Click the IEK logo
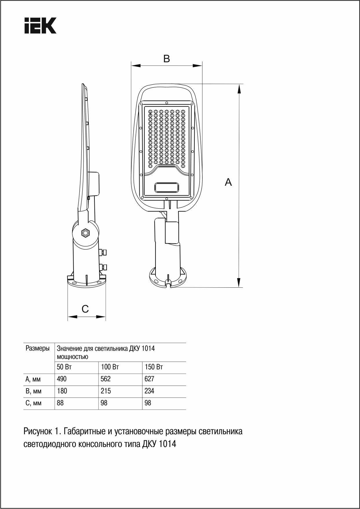point(40,25)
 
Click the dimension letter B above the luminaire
point(167,59)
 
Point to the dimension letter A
point(229,182)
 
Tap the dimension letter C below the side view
point(85,309)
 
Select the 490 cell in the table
point(62,379)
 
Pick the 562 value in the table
point(106,379)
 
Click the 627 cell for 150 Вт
point(149,379)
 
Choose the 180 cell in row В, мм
point(62,391)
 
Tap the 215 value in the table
point(106,391)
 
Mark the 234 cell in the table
point(149,391)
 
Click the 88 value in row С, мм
point(60,403)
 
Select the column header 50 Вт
point(64,367)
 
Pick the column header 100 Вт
point(110,367)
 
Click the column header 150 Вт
point(154,367)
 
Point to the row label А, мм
point(33,379)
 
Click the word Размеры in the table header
point(38,348)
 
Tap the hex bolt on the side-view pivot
point(85,233)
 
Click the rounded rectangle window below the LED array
point(167,187)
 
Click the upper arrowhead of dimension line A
point(239,89)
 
